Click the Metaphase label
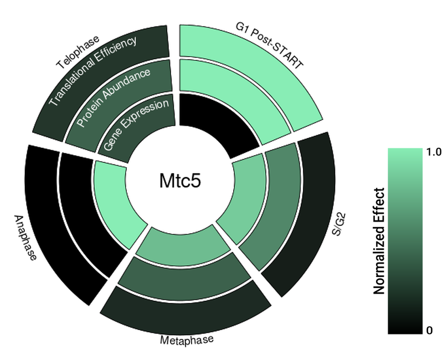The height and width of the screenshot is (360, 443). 186,340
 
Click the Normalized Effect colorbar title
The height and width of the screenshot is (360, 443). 379,241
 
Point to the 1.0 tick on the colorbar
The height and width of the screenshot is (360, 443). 434,153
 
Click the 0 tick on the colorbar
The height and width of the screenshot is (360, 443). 429,331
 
